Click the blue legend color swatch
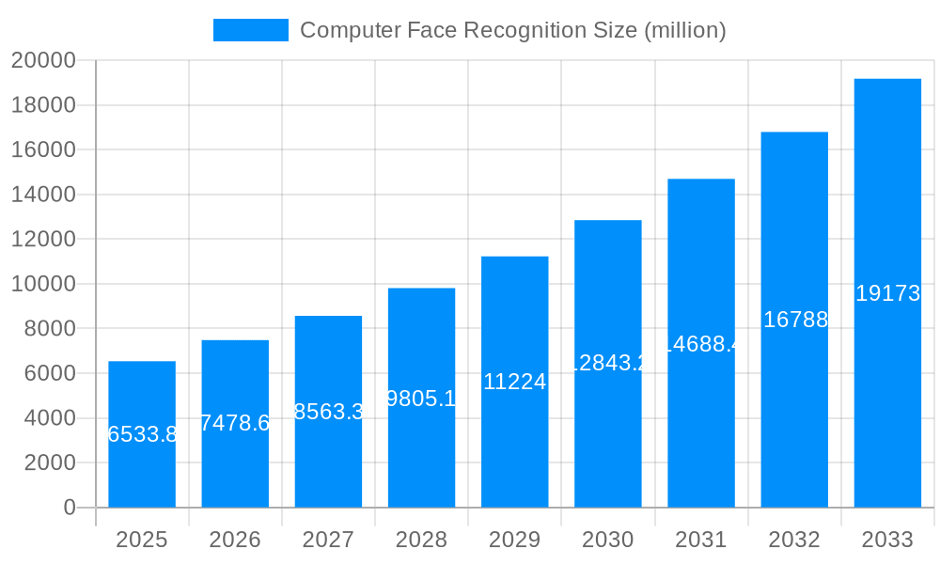[x=251, y=30]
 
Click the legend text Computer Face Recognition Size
[x=512, y=30]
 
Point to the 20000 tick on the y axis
[x=43, y=61]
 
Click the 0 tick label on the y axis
[x=70, y=508]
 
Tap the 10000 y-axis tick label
[x=43, y=284]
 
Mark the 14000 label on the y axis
[x=43, y=195]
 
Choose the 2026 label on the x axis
[x=235, y=540]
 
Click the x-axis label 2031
[x=701, y=540]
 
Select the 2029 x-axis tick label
[x=515, y=540]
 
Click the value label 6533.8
[x=142, y=434]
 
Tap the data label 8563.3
[x=328, y=412]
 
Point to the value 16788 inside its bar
[x=795, y=320]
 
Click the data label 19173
[x=887, y=293]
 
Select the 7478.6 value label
[x=235, y=423]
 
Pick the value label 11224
[x=515, y=382]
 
